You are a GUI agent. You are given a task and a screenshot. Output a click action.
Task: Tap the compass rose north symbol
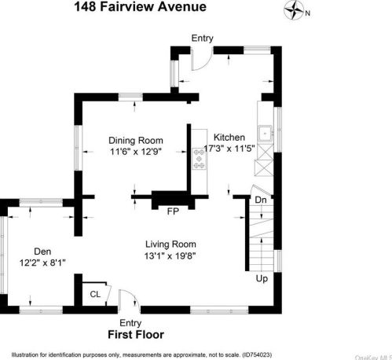click(x=296, y=11)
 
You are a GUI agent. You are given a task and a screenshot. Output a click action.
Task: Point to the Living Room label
click(x=170, y=244)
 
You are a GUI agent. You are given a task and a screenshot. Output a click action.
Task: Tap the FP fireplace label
click(x=173, y=211)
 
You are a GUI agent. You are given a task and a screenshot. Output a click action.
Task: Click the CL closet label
click(x=95, y=294)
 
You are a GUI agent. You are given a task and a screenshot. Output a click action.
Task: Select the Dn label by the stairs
click(x=262, y=200)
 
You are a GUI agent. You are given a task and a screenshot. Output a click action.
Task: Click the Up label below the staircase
click(x=262, y=278)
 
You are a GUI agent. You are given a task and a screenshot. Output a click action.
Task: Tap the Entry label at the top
click(x=202, y=37)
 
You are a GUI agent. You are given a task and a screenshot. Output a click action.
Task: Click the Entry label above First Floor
click(x=130, y=323)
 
